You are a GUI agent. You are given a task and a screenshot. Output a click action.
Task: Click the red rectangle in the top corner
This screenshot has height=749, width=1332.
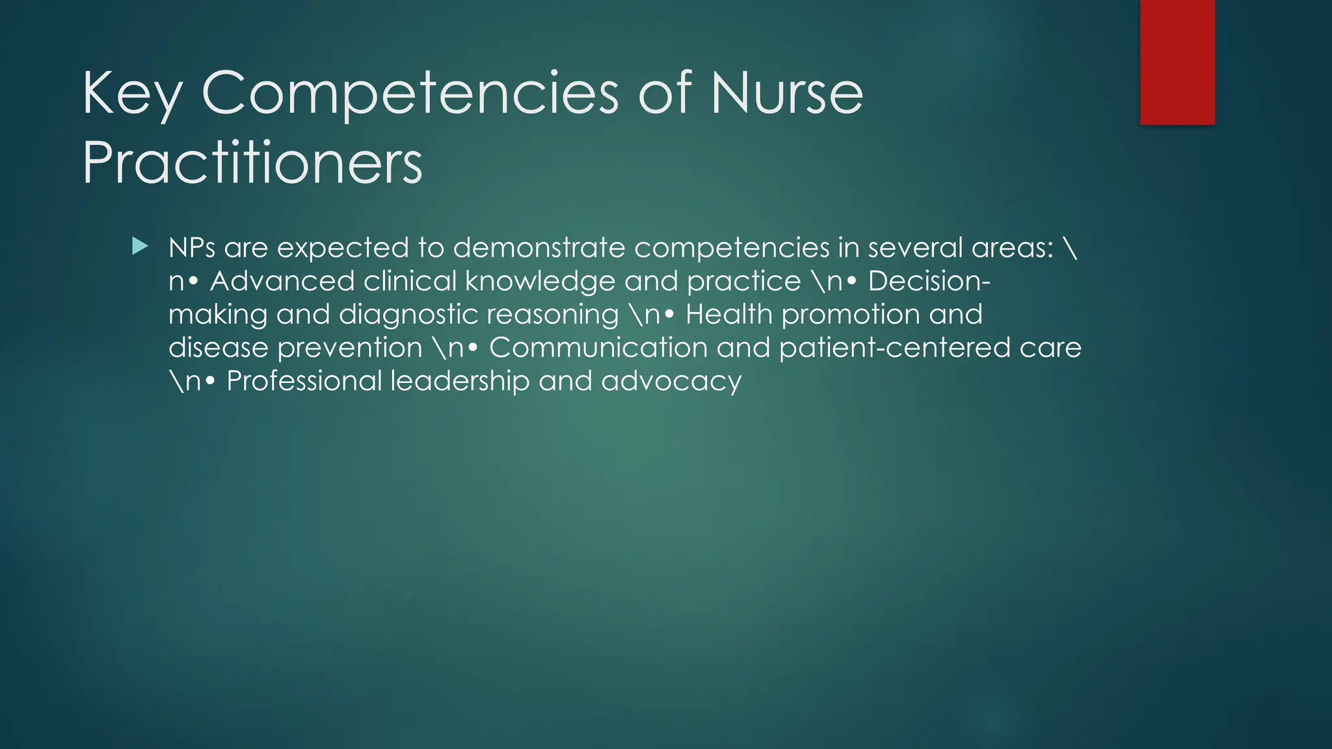pyautogui.click(x=1177, y=62)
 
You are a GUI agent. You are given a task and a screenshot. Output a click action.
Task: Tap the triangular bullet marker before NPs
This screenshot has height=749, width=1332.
pyautogui.click(x=140, y=246)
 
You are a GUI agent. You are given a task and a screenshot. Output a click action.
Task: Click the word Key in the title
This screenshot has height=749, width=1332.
pyautogui.click(x=133, y=95)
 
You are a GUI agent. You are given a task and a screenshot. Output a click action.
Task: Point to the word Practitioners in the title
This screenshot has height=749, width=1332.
pyautogui.click(x=252, y=163)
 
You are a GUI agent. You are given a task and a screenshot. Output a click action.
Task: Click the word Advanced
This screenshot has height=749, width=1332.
pyautogui.click(x=282, y=281)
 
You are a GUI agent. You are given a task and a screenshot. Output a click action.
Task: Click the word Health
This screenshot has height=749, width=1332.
pyautogui.click(x=728, y=314)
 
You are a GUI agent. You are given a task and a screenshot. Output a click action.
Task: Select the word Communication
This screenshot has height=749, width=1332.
pyautogui.click(x=598, y=347)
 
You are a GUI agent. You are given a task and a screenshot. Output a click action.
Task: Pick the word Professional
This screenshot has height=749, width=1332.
pyautogui.click(x=304, y=381)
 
